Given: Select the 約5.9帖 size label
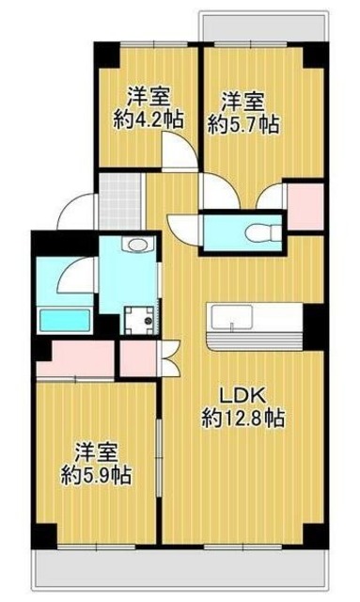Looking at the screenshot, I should pyautogui.click(x=96, y=475).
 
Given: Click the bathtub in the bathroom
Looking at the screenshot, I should pyautogui.click(x=63, y=318).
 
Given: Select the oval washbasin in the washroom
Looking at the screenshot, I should pyautogui.click(x=137, y=247).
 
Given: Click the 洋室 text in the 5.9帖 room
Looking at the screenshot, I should pyautogui.click(x=96, y=451).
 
